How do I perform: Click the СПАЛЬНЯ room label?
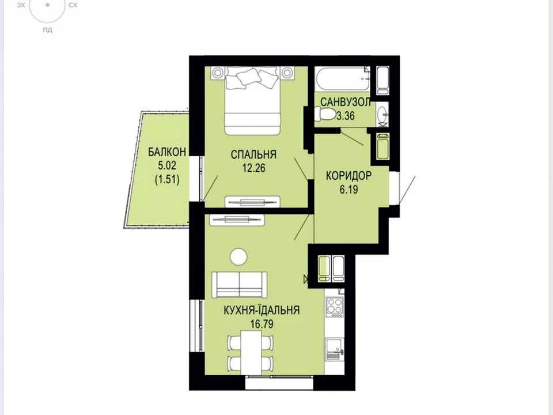(x=253, y=154)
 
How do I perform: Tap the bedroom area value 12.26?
(x=253, y=168)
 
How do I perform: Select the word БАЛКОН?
(x=167, y=152)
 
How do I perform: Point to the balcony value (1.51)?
(x=167, y=180)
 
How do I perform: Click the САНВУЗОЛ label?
(x=346, y=103)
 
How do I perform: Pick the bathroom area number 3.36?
(x=346, y=116)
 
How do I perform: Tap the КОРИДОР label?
(x=349, y=176)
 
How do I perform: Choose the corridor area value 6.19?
(x=349, y=190)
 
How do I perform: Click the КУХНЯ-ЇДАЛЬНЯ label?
(x=262, y=310)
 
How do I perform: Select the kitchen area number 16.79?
(x=262, y=324)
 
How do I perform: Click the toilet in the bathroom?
(x=325, y=114)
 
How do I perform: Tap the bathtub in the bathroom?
(x=342, y=80)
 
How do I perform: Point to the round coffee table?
(x=238, y=256)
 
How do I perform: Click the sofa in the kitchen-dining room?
(x=239, y=284)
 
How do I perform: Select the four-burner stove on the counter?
(x=334, y=305)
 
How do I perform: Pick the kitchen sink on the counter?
(x=334, y=349)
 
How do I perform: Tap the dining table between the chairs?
(x=251, y=353)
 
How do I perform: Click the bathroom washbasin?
(x=382, y=114)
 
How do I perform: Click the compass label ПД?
(x=48, y=30)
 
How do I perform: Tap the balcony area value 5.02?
(x=167, y=166)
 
